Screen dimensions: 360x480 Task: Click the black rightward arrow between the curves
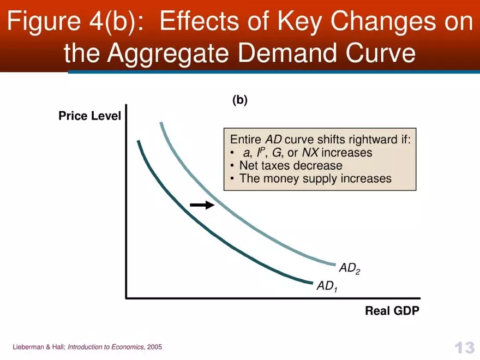pos(202,205)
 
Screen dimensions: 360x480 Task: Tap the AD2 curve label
pos(349,268)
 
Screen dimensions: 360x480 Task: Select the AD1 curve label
pos(327,286)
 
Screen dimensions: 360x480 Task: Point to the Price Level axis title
pos(89,116)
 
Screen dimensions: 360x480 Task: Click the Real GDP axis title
pos(392,311)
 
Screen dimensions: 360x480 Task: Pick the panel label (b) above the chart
pos(240,100)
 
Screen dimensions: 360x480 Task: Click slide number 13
pos(464,347)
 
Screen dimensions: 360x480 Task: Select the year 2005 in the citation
pos(154,347)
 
